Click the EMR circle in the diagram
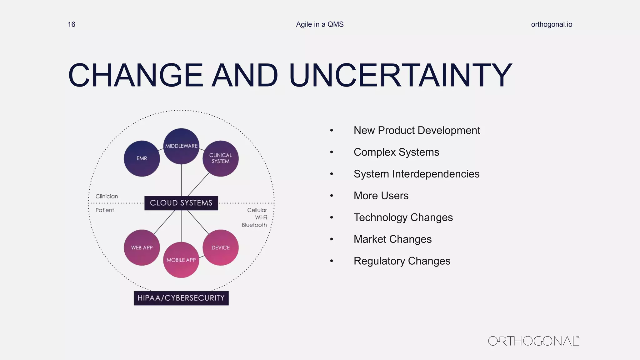(142, 158)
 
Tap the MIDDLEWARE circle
(181, 146)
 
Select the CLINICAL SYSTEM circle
(221, 158)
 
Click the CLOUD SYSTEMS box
(181, 203)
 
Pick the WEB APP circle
(142, 247)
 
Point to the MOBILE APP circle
(181, 260)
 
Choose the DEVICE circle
(221, 247)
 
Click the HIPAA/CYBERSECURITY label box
(181, 298)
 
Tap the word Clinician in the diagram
(107, 196)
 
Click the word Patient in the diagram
(105, 210)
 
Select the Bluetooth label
(254, 225)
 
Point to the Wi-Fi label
(261, 217)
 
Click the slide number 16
(72, 24)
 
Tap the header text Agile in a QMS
(320, 24)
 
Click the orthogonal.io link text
(552, 24)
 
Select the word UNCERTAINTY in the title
(401, 76)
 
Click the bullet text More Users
(381, 196)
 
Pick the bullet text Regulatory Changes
(402, 261)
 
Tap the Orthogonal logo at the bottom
(533, 341)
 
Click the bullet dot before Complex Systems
(332, 152)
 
